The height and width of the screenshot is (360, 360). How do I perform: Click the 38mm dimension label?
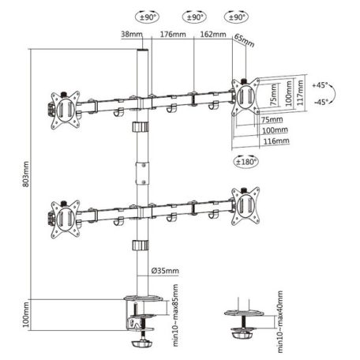click(x=132, y=34)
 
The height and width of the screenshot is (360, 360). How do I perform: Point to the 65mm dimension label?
click(x=245, y=39)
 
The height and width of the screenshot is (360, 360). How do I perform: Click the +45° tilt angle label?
click(x=321, y=84)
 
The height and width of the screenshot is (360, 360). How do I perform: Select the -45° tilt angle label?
click(x=321, y=102)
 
